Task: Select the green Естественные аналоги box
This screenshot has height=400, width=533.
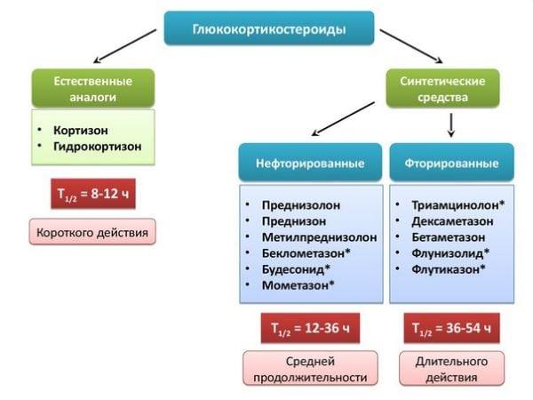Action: tap(92, 88)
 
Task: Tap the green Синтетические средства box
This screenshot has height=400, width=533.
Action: tap(442, 89)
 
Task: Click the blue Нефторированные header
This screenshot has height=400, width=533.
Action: tap(310, 164)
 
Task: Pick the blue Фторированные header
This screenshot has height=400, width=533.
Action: tap(451, 164)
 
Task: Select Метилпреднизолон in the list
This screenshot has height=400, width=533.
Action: tap(319, 237)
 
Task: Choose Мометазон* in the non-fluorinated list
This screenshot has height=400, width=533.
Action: tap(298, 285)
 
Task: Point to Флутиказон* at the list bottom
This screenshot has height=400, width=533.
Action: tap(448, 269)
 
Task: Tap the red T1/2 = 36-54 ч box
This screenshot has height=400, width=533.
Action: tap(451, 328)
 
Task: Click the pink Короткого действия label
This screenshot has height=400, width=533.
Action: tap(92, 233)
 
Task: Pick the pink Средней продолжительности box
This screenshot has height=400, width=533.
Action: tap(310, 369)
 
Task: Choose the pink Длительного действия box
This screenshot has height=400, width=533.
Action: tap(451, 369)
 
